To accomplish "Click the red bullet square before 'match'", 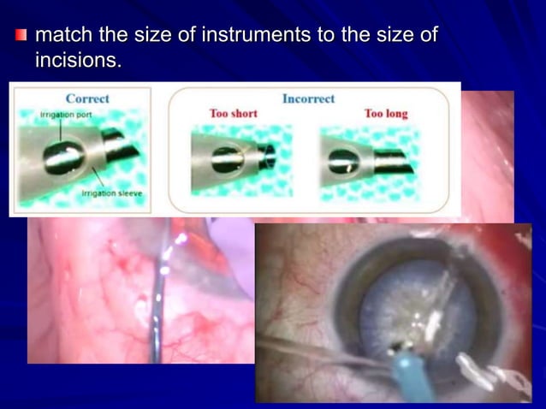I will pyautogui.click(x=21, y=36).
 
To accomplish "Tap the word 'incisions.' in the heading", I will pyautogui.click(x=78, y=61).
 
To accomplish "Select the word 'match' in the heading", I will pyautogui.click(x=66, y=36).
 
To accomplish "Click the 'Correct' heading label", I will pyautogui.click(x=87, y=98).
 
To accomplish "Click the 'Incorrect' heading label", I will pyautogui.click(x=308, y=98).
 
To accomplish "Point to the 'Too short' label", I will pyautogui.click(x=233, y=114).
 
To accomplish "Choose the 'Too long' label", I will pyautogui.click(x=385, y=114).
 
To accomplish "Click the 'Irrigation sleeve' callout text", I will pyautogui.click(x=111, y=194).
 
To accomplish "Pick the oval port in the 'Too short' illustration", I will pyautogui.click(x=226, y=158).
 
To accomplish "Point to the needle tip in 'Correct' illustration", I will pyautogui.click(x=120, y=145).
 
